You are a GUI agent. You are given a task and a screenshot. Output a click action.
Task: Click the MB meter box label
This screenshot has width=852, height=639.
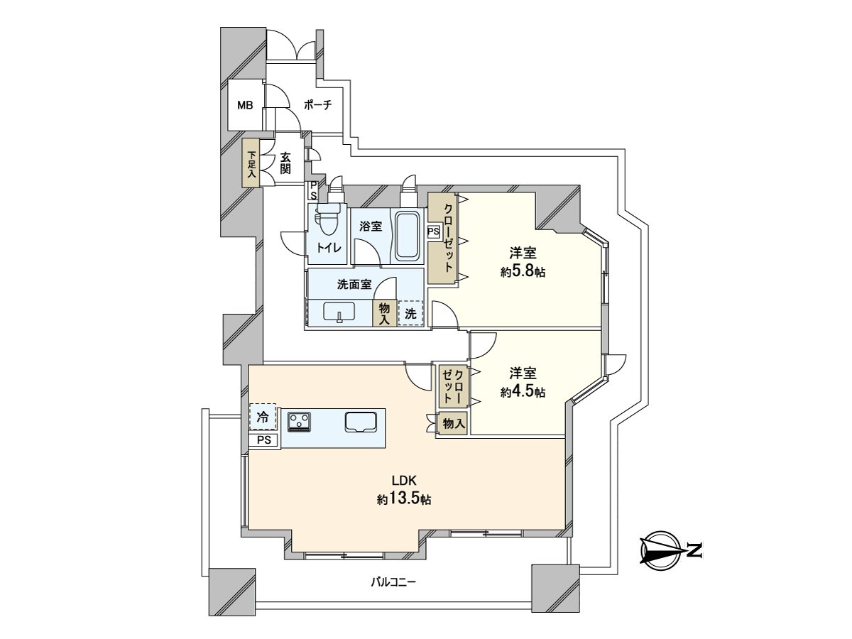click(245, 105)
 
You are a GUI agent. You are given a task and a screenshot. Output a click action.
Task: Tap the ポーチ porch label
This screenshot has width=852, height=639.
click(317, 105)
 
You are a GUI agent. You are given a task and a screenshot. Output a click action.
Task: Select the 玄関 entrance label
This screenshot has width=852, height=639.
click(285, 163)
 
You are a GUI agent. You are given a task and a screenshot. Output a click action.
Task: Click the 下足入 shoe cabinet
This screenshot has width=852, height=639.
click(251, 163)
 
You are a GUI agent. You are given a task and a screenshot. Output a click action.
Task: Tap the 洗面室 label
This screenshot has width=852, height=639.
click(354, 285)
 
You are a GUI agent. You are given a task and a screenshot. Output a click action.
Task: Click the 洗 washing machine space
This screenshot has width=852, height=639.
click(410, 314)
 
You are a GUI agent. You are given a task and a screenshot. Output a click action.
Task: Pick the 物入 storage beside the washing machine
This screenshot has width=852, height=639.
click(384, 314)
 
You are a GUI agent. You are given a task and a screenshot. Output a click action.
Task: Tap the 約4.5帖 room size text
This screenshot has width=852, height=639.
click(523, 392)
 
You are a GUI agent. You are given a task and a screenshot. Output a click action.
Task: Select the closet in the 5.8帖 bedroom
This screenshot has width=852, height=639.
click(443, 238)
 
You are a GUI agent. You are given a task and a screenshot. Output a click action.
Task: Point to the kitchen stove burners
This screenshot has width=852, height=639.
click(300, 422)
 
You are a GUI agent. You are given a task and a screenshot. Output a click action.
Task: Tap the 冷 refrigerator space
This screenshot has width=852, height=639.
click(263, 417)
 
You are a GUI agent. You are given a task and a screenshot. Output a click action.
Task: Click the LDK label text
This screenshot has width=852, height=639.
click(404, 481)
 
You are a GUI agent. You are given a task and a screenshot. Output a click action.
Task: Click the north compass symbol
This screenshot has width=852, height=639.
click(660, 550)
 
